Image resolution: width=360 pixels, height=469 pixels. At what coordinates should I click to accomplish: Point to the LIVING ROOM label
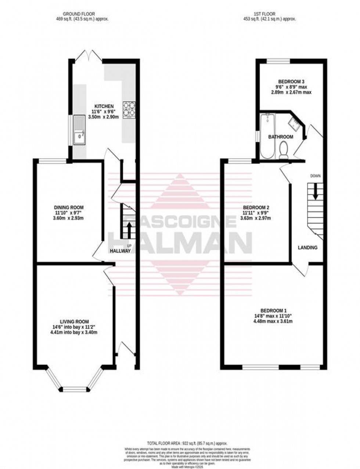click(75, 321)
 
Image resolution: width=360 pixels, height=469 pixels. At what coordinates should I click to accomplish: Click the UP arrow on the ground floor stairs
click(129, 231)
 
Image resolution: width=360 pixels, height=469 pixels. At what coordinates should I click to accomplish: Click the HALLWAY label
click(120, 251)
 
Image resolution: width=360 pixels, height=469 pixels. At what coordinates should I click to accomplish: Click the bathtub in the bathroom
click(267, 136)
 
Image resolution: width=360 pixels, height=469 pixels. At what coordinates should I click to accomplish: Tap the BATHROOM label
click(281, 137)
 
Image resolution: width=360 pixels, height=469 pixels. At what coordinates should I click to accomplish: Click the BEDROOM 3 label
click(291, 82)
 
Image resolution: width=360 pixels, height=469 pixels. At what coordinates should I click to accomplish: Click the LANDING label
click(307, 248)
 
